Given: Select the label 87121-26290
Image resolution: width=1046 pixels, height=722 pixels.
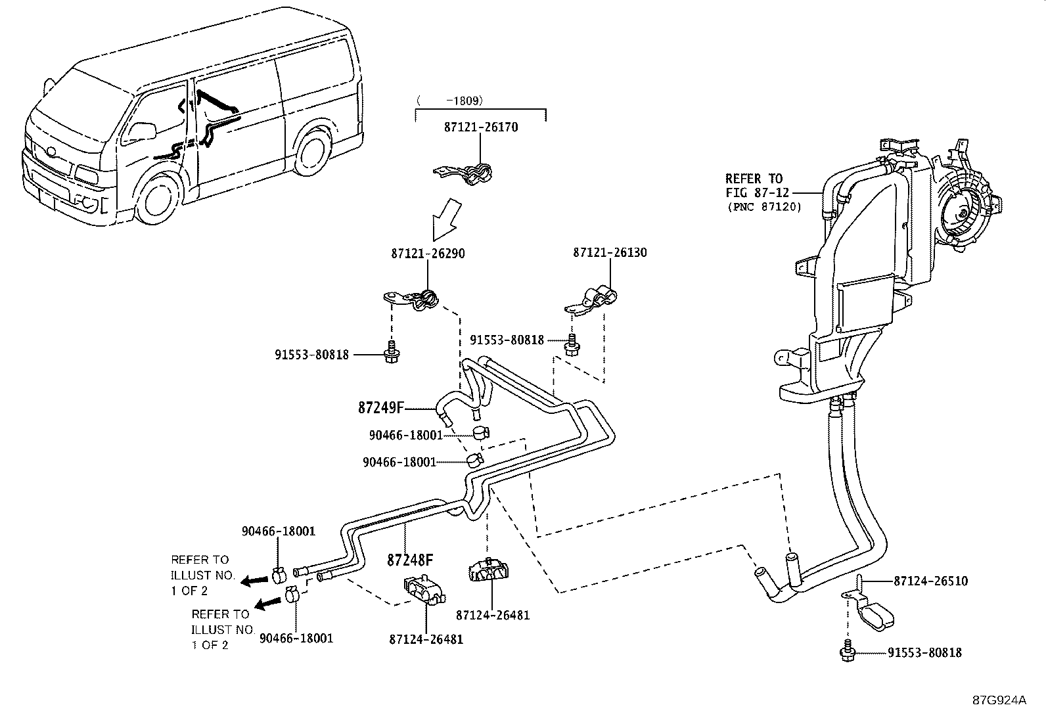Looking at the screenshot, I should pos(427,254).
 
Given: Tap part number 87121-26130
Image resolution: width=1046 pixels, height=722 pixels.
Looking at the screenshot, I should pos(610,252).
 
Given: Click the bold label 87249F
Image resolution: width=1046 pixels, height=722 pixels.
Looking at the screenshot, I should pos(380,408).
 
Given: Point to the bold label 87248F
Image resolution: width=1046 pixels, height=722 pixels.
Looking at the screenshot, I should pos(410,560).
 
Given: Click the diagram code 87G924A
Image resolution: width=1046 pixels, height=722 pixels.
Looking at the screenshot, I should pos(999,700).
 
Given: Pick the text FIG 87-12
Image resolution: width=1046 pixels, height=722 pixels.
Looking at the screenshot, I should pos(756,192).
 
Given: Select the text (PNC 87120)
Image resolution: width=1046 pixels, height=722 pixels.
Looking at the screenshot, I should pos(763,206).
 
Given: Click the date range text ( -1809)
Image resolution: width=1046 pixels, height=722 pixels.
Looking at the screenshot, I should pos(450,101).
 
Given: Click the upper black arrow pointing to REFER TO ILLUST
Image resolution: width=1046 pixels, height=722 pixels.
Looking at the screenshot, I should pos(252,580).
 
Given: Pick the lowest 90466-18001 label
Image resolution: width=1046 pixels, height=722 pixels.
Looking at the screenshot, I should pos(296,638).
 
